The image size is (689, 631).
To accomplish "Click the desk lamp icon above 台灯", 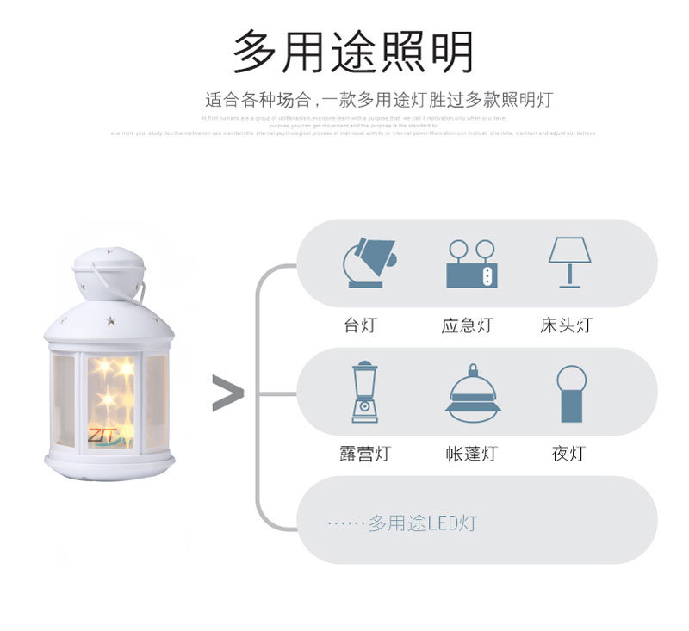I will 368,262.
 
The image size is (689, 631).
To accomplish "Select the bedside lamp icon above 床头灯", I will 569,262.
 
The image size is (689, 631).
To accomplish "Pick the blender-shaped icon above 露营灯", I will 364,393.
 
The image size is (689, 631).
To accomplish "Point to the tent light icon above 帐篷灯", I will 473,393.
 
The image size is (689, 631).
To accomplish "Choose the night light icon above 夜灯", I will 571,393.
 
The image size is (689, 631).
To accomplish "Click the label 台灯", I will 360,325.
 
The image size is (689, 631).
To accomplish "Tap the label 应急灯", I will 468,325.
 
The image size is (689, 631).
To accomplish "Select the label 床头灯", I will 567,325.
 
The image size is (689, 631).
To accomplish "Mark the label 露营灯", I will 364,454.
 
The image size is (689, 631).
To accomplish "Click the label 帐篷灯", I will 471,454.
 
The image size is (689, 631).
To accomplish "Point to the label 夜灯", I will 568,454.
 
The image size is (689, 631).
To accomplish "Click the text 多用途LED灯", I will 422,523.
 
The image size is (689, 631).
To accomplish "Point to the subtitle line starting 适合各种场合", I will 379,100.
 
